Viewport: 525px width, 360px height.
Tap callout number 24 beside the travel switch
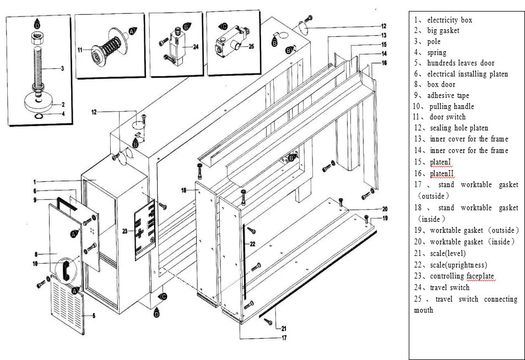pyautogui.click(x=196, y=47)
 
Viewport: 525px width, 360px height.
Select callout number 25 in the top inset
pyautogui.click(x=251, y=46)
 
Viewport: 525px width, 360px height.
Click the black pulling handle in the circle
pyautogui.click(x=66, y=270)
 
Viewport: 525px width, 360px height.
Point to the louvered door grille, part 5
pyautogui.click(x=67, y=307)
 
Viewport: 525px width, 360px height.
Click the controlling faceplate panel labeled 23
pyautogui.click(x=145, y=230)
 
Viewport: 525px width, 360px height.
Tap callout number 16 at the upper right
pyautogui.click(x=384, y=63)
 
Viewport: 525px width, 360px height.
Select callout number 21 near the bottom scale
pyautogui.click(x=284, y=328)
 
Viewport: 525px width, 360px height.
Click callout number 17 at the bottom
pyautogui.click(x=284, y=337)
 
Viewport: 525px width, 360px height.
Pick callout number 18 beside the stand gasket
pyautogui.click(x=184, y=190)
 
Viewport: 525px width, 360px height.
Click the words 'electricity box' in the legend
pyautogui.click(x=450, y=20)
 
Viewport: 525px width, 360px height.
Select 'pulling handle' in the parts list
pyautogui.click(x=452, y=106)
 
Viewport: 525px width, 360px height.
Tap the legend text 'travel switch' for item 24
pyautogui.click(x=450, y=287)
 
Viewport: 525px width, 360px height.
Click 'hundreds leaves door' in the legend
pyautogui.click(x=461, y=63)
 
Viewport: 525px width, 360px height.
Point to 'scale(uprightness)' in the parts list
pyautogui.click(x=458, y=265)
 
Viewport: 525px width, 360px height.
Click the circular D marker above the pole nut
pyautogui.click(x=37, y=24)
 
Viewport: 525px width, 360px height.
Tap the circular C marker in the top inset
pyautogui.click(x=223, y=26)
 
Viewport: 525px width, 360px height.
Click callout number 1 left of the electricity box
pyautogui.click(x=35, y=182)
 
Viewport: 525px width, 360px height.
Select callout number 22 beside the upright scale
pyautogui.click(x=253, y=244)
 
